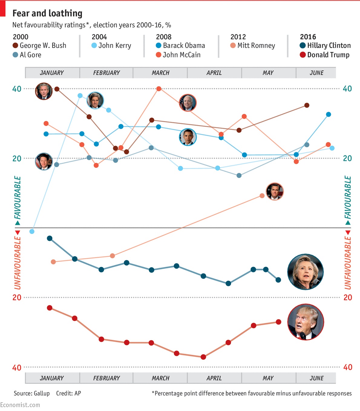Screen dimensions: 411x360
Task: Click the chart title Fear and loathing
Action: [x=47, y=13]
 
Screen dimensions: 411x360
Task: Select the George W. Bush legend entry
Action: [x=39, y=46]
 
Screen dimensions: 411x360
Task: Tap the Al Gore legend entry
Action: [x=27, y=55]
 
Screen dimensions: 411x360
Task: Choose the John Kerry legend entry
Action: [x=111, y=46]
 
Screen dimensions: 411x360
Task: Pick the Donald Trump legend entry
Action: [x=325, y=55]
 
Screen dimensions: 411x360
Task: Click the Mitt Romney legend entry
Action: [x=253, y=46]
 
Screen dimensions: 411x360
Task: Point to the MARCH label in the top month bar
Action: [x=160, y=73]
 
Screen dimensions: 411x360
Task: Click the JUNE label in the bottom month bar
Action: [x=316, y=378]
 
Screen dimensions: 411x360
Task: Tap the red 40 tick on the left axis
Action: [x=17, y=367]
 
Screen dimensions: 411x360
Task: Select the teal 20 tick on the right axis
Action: [x=347, y=158]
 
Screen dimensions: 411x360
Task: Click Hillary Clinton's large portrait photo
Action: [x=305, y=272]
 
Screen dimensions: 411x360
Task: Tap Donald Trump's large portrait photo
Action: [x=306, y=322]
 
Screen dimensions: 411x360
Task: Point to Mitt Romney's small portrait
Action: [x=274, y=192]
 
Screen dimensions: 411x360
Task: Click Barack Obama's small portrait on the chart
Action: [x=188, y=137]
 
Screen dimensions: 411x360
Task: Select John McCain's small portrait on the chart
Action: [x=188, y=103]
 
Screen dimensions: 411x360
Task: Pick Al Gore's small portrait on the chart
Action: [x=44, y=161]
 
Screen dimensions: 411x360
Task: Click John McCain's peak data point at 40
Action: [x=159, y=89]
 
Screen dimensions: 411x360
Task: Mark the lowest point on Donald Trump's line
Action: [x=203, y=357]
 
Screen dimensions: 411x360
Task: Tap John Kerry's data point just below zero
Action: [x=32, y=231]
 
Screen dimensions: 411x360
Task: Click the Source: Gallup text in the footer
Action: [x=31, y=393]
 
